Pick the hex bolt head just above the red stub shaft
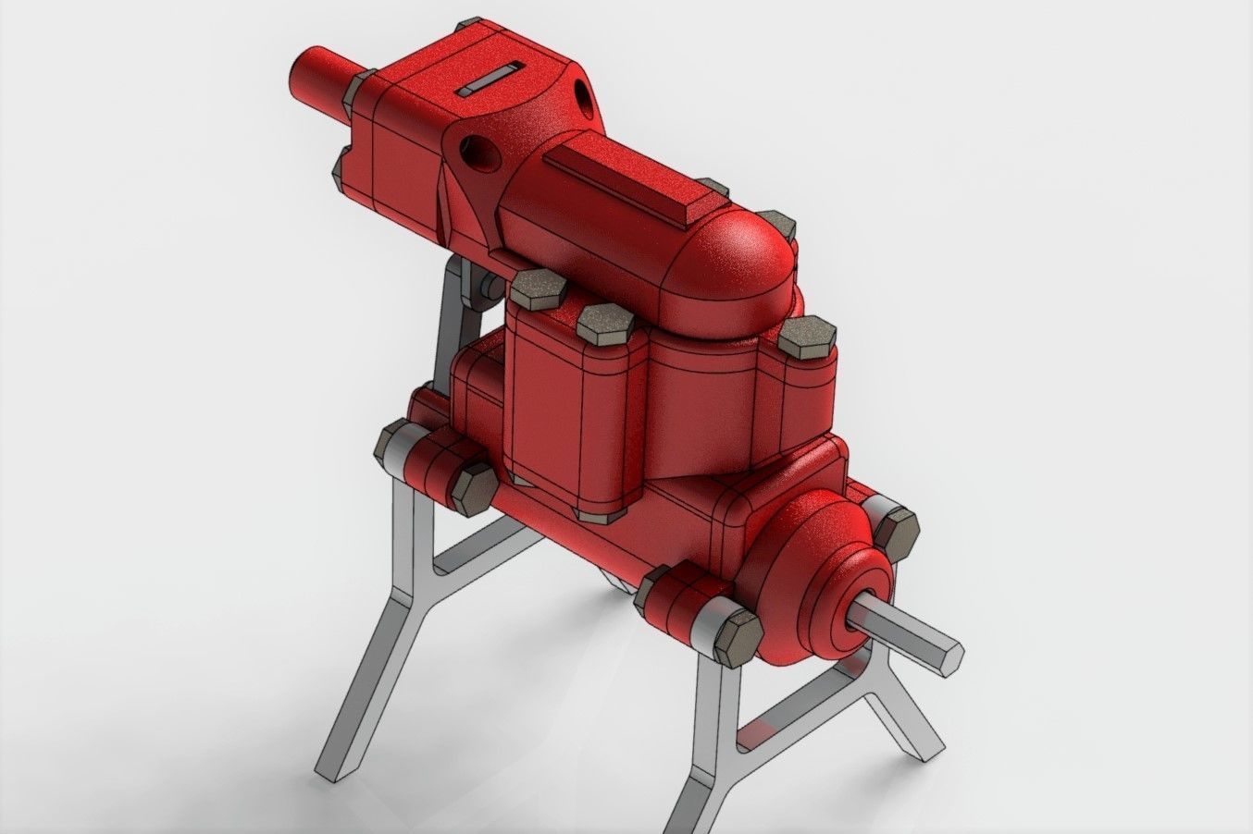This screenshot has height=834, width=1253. pyautogui.click(x=357, y=89)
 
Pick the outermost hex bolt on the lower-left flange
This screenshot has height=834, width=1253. pyautogui.click(x=397, y=442)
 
